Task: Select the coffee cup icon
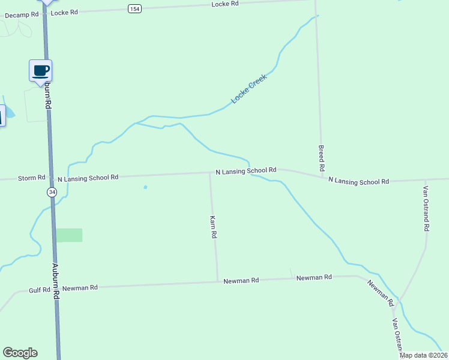click(x=41, y=71)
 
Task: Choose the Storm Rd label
click(x=32, y=178)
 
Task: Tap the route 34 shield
click(x=52, y=192)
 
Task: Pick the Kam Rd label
click(x=212, y=227)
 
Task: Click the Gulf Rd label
click(x=40, y=290)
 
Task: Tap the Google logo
click(x=20, y=353)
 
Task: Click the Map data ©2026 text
click(x=423, y=355)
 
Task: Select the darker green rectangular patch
click(x=69, y=235)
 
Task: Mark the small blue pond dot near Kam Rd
click(x=145, y=187)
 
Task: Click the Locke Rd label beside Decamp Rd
click(x=64, y=13)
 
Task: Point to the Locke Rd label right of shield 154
click(x=225, y=4)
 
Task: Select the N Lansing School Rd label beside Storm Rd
click(x=87, y=178)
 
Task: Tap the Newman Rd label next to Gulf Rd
click(x=80, y=288)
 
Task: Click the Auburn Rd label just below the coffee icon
click(x=48, y=96)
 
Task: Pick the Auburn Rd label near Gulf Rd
click(x=56, y=280)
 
